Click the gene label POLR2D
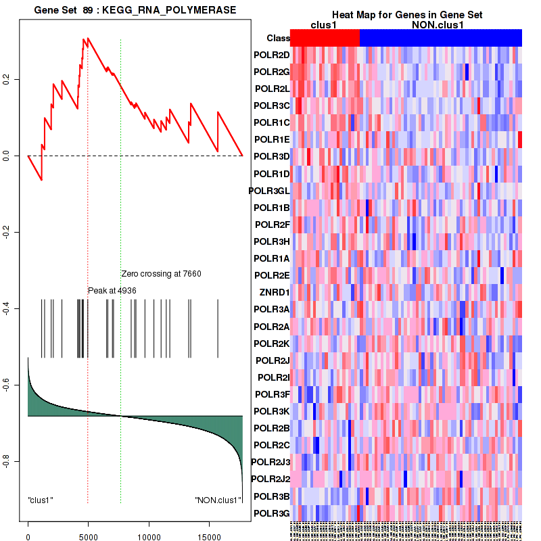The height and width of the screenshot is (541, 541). [272, 55]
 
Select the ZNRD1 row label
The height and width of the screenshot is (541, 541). [275, 292]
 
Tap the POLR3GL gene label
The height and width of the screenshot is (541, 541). [269, 191]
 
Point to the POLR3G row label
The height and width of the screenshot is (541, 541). [272, 513]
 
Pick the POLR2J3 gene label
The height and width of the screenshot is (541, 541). [270, 462]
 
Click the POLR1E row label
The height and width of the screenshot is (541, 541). [272, 139]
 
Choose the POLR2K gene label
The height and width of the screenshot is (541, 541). [272, 343]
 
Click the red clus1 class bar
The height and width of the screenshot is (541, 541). [325, 38]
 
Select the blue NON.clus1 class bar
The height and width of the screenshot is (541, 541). [440, 38]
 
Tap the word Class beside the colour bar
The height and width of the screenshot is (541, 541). [279, 39]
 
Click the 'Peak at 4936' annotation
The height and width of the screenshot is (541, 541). [112, 290]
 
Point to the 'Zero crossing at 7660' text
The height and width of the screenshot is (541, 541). [161, 274]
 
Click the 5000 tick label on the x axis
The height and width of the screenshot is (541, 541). [88, 537]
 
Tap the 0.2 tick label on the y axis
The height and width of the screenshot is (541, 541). [7, 80]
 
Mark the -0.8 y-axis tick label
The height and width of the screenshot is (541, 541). [7, 462]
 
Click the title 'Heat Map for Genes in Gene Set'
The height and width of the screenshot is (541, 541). [406, 15]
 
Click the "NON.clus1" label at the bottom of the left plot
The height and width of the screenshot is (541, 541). [218, 500]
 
